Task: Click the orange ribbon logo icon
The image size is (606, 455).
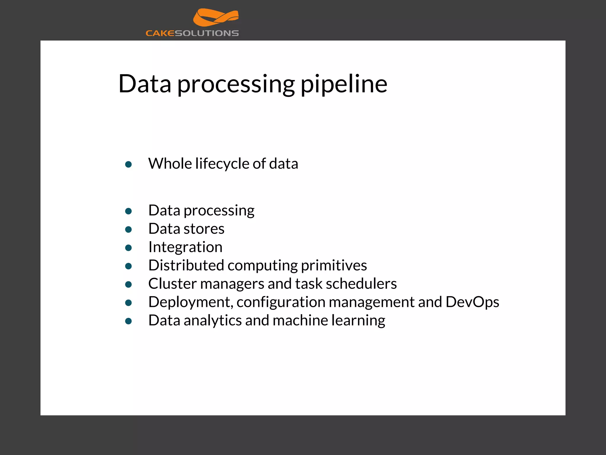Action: pos(216,17)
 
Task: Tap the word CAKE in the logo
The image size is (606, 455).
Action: pos(160,33)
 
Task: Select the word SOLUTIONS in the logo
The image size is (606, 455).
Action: pos(207,33)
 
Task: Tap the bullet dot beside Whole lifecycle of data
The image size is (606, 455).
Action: pos(128,164)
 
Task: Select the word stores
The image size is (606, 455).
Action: pos(204,229)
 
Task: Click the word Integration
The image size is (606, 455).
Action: pos(185,247)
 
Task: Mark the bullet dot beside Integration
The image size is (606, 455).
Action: pos(128,248)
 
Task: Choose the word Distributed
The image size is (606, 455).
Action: pos(186,265)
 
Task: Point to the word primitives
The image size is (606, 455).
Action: pos(334,266)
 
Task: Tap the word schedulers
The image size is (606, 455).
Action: pos(361,284)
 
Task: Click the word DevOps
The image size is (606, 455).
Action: pos(472,302)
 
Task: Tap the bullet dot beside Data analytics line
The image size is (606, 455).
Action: pos(128,321)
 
